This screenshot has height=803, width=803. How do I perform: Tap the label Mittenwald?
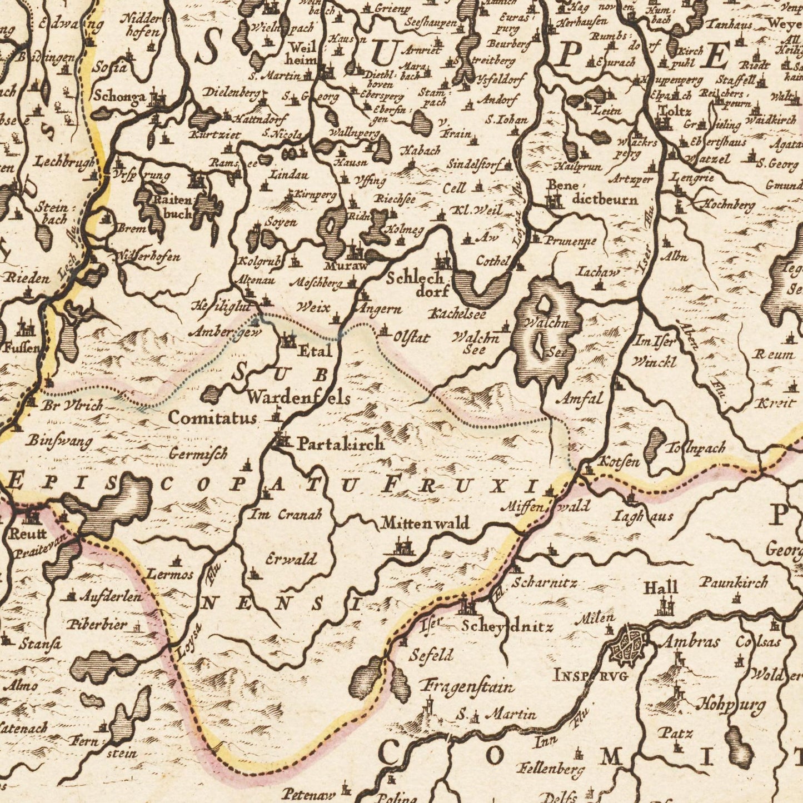425,523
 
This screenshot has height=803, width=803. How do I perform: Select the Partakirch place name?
340,443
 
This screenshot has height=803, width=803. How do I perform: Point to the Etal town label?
315,351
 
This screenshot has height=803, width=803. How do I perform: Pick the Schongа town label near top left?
119,96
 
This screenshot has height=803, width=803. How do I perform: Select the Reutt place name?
28,535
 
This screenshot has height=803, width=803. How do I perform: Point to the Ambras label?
690,642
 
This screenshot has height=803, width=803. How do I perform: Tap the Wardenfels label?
298,398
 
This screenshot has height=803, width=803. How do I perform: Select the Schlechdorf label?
415,284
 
